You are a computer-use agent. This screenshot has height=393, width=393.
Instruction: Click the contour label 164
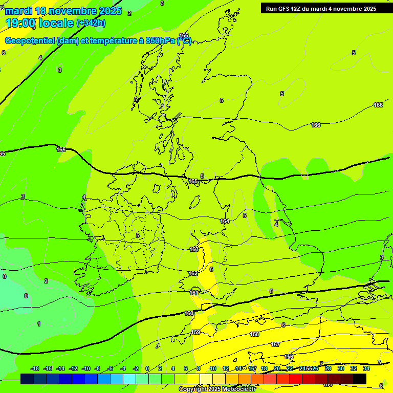(225, 221)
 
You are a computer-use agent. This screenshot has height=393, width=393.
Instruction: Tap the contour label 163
(194, 249)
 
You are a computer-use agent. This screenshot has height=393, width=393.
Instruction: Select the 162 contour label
(193, 274)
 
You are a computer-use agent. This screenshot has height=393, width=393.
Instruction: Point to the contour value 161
(194, 293)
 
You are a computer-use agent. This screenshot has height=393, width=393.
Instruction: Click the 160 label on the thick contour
(189, 313)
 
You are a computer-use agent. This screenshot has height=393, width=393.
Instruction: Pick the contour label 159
(195, 332)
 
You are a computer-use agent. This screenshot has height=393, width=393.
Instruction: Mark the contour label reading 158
(254, 334)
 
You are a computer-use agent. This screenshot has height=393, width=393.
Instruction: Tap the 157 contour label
(275, 344)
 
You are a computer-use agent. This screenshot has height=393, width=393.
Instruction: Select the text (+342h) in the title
(91, 23)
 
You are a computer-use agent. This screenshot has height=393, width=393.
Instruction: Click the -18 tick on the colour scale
(35, 368)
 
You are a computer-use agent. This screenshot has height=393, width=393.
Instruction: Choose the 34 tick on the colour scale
(366, 368)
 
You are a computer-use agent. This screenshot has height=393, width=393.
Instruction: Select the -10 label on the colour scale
(86, 368)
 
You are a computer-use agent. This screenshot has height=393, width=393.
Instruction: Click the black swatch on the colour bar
(360, 379)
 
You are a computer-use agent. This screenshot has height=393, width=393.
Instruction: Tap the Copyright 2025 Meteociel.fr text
(217, 389)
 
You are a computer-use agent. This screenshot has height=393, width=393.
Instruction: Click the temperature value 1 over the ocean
(39, 324)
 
